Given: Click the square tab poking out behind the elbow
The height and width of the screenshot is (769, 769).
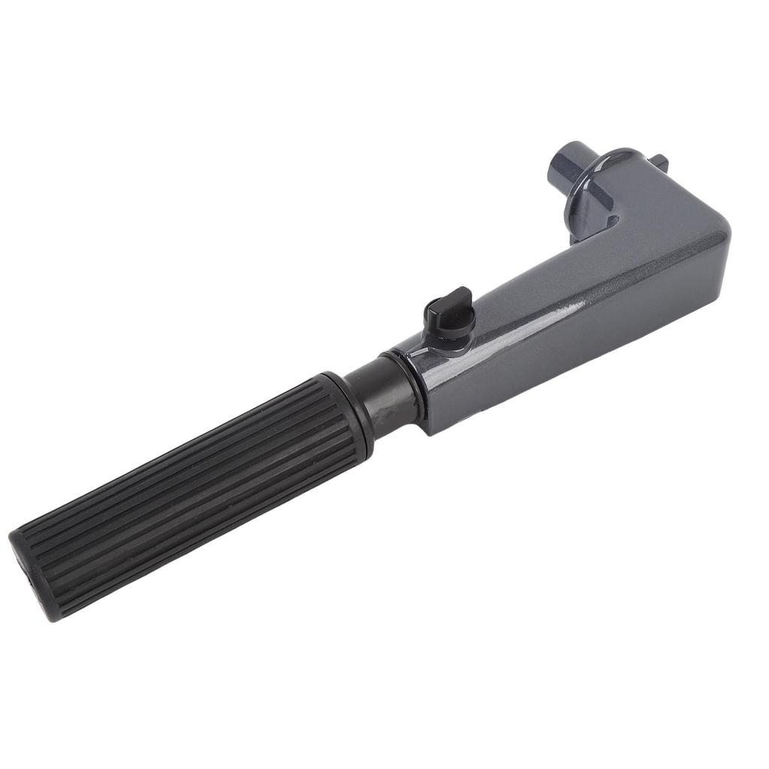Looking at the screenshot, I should [660, 161].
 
